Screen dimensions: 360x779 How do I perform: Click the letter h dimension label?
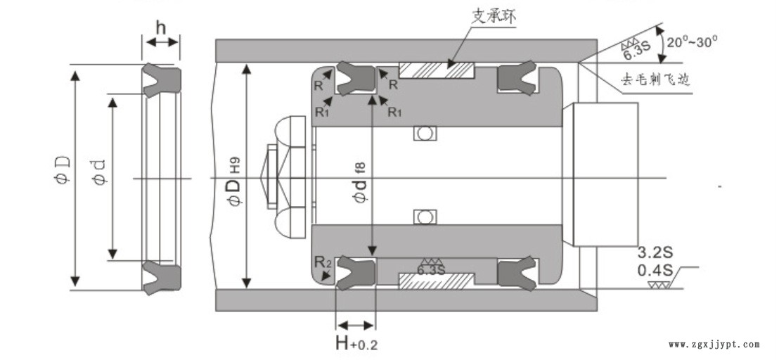coord(161,28)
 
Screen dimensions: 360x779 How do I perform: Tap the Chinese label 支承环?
coord(489,16)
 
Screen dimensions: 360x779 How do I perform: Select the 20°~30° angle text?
coord(693,41)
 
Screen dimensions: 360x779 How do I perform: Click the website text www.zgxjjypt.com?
coord(714,345)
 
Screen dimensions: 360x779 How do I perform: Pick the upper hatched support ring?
coord(437,70)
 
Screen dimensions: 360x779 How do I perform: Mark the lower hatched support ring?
coord(437,281)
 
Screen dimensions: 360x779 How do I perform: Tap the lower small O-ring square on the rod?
coord(424,218)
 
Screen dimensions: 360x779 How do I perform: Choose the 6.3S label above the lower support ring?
coord(432,269)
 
